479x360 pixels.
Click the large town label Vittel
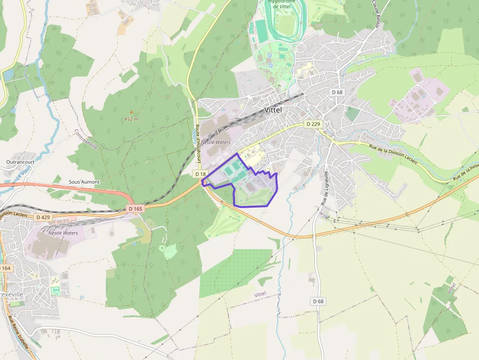(x=273, y=110)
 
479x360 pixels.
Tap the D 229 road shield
(x=313, y=124)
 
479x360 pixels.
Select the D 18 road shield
(x=200, y=174)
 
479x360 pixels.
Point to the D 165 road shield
(x=136, y=209)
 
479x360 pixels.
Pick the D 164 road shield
(x=5, y=268)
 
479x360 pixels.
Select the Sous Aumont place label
(x=84, y=182)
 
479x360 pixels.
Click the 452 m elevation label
(x=131, y=119)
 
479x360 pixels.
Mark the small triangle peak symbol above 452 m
(x=131, y=112)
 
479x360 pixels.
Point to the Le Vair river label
(x=22, y=173)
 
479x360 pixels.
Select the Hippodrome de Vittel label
(x=282, y=4)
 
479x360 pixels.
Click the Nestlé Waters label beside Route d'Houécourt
(x=216, y=142)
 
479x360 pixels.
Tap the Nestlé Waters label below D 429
(x=63, y=233)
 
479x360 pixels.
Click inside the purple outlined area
(x=254, y=191)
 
